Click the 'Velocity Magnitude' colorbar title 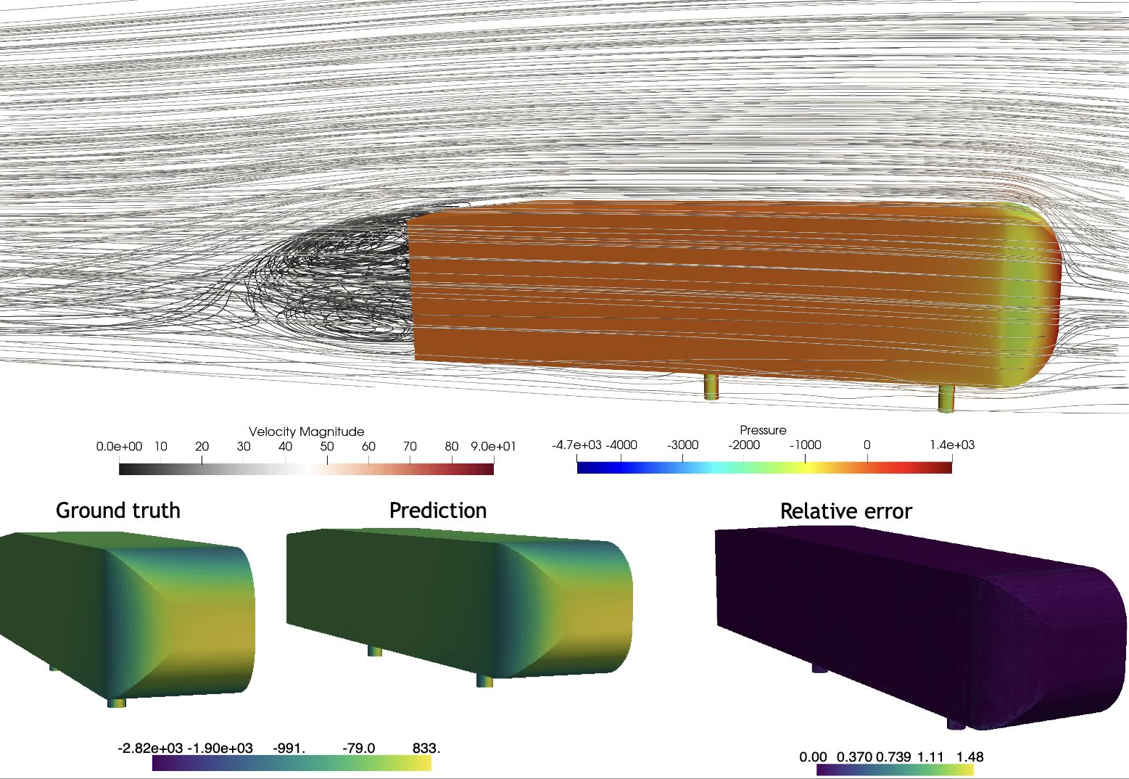[x=306, y=432]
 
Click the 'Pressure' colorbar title [x=763, y=430]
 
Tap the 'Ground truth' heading [x=118, y=511]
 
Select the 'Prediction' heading [x=438, y=511]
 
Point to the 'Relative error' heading [x=845, y=511]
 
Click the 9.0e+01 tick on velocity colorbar [x=493, y=446]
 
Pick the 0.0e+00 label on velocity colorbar [x=119, y=446]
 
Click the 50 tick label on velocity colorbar [x=327, y=446]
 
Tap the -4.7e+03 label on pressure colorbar [x=576, y=445]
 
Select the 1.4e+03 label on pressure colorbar [x=952, y=445]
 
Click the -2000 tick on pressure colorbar [x=744, y=445]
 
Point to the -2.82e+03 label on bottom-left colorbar [x=151, y=748]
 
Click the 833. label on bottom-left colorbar [x=426, y=748]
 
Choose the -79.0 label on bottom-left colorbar [x=359, y=748]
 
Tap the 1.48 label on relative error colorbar [x=969, y=757]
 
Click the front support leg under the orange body [x=946, y=397]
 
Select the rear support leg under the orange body [x=711, y=386]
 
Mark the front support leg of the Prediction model [x=484, y=680]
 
